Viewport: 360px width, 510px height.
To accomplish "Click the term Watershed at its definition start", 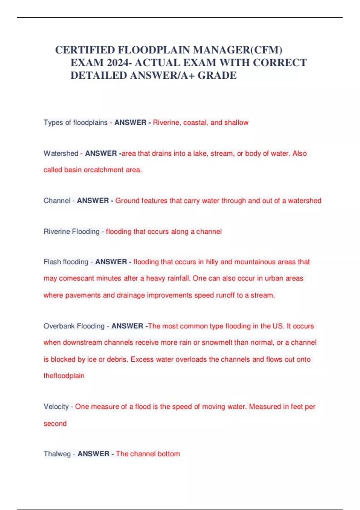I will click(x=61, y=153).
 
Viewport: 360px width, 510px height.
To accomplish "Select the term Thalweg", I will click(x=57, y=454).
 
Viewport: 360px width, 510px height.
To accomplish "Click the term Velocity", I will click(x=56, y=406).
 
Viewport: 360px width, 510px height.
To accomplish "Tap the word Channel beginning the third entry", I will click(x=57, y=200).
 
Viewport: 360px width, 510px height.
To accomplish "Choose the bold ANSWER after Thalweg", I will click(x=93, y=454).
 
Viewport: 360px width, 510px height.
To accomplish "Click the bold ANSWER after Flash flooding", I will click(x=111, y=262).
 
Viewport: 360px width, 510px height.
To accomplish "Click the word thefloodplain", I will click(x=64, y=376).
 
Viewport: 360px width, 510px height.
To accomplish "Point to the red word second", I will click(x=55, y=423).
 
